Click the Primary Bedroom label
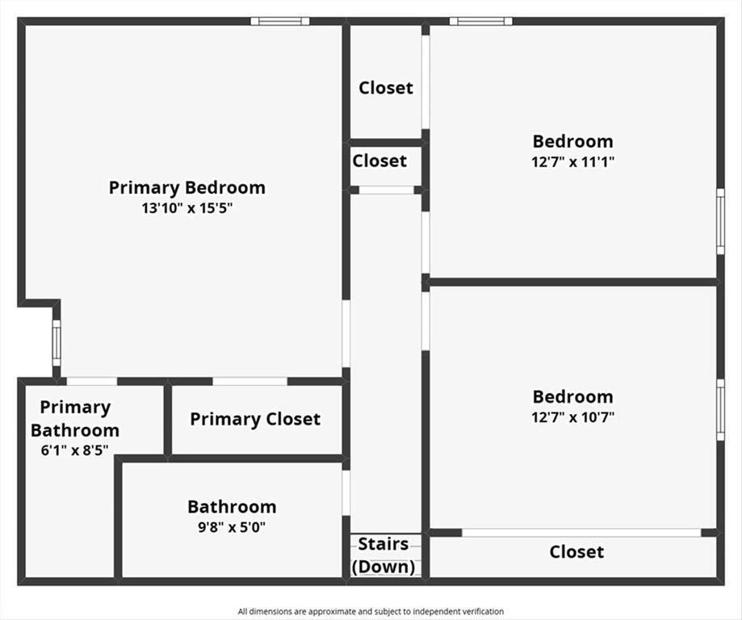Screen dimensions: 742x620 [x=187, y=188]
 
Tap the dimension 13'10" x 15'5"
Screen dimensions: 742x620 [x=187, y=208]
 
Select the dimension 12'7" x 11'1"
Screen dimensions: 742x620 [x=572, y=162]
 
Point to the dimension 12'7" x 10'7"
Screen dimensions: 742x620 [x=572, y=417]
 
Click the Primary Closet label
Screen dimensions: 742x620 [x=255, y=419]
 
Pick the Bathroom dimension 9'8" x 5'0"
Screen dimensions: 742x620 [x=232, y=527]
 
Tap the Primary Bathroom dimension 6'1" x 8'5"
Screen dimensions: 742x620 [x=75, y=450]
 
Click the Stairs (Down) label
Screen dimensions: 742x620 [x=384, y=555]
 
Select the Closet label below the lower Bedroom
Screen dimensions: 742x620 [x=576, y=552]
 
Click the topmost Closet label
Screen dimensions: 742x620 [x=386, y=87]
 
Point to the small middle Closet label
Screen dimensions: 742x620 [x=379, y=161]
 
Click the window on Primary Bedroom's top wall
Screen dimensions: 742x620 [x=280, y=21]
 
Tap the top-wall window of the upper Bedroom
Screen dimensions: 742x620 [x=480, y=21]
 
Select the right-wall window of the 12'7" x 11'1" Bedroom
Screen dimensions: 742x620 [x=720, y=221]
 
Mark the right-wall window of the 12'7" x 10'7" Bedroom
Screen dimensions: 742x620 [x=720, y=410]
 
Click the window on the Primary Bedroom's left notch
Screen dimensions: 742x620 [x=57, y=343]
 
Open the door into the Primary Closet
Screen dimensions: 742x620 [x=249, y=382]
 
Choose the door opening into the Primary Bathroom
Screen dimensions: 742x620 [x=92, y=382]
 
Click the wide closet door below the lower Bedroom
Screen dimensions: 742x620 [x=581, y=533]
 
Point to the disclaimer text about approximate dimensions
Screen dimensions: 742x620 [x=371, y=611]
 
